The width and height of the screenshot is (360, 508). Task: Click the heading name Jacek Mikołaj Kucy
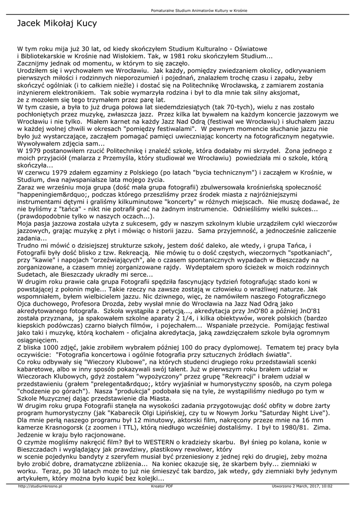57,24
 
